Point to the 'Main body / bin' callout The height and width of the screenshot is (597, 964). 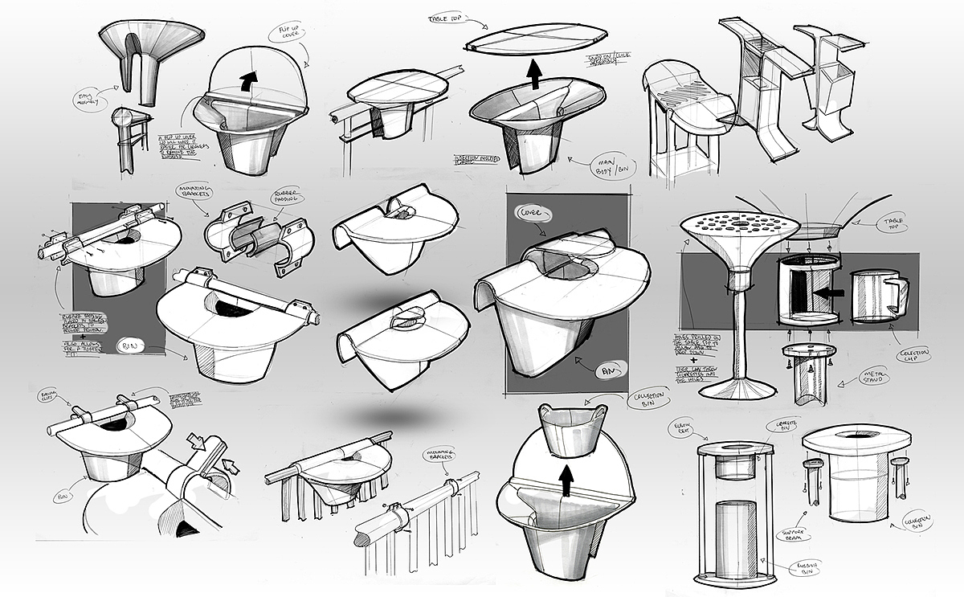click(608, 166)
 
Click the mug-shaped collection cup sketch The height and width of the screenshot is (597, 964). click(877, 296)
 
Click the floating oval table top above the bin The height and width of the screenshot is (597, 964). click(533, 38)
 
